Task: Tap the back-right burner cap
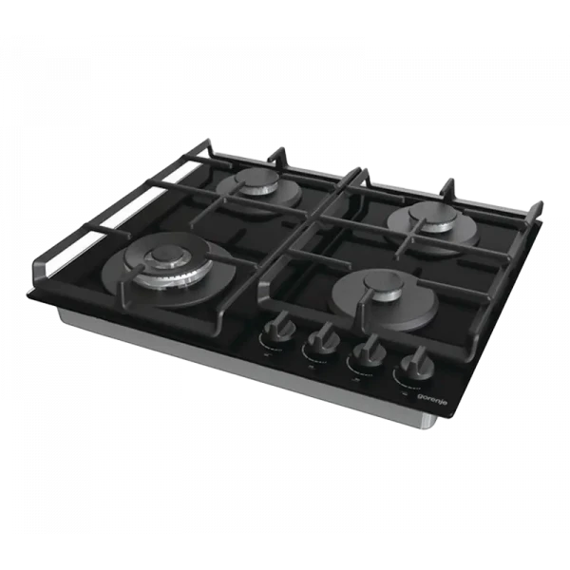(428, 217)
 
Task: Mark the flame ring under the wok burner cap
(169, 275)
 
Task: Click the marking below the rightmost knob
(408, 385)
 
